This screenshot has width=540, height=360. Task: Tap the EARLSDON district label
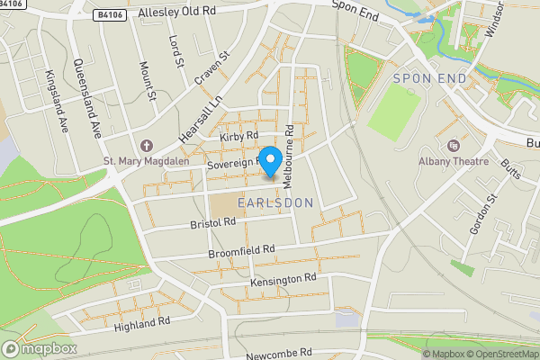[275, 203]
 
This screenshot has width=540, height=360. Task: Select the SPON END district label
[430, 79]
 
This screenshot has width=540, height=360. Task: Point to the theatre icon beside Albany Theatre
[453, 145]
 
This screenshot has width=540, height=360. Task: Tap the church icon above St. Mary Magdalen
[147, 146]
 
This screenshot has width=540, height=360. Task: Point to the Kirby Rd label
[239, 136]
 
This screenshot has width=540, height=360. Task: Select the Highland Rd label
[142, 324]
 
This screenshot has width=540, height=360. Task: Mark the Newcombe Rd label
[279, 353]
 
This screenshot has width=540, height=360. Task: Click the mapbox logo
[40, 348]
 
